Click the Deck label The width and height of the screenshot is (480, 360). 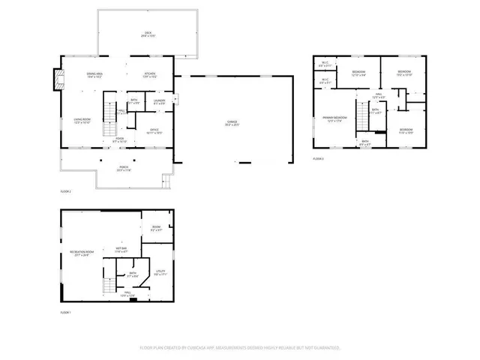(148, 34)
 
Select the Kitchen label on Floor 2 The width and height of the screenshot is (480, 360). (149, 75)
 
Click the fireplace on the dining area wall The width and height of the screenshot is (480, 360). (56, 78)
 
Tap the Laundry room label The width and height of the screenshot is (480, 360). (159, 101)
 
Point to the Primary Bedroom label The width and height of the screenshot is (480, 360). (334, 118)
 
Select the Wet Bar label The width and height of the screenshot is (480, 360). (121, 250)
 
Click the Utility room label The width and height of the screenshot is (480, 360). (160, 273)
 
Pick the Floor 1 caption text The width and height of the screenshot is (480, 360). (65, 311)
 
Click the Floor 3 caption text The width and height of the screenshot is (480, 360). (318, 159)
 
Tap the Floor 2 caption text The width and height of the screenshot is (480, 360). (65, 191)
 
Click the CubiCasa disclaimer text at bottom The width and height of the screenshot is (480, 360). (240, 348)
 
